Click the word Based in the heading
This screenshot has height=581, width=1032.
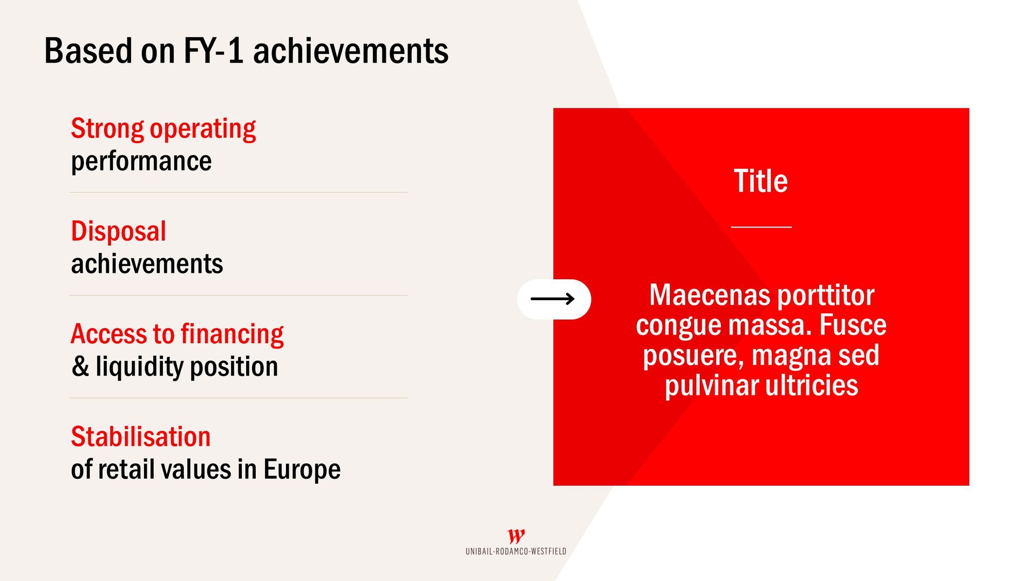pos(88,51)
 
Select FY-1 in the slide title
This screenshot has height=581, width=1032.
pos(213,51)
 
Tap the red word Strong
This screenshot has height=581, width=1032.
pos(107,129)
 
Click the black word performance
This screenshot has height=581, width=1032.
pos(141,162)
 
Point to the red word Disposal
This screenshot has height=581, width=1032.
pos(119,232)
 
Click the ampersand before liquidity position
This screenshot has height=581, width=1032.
pos(81,367)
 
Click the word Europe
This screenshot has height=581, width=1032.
pos(302,470)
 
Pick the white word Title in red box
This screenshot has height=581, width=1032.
pos(761,181)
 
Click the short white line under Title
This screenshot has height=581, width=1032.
pos(761,227)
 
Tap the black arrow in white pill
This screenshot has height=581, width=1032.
pos(553,299)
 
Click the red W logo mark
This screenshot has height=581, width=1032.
pos(516,536)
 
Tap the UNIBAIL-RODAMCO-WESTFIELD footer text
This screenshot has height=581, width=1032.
pos(516,551)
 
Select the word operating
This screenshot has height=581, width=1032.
pos(203,130)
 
